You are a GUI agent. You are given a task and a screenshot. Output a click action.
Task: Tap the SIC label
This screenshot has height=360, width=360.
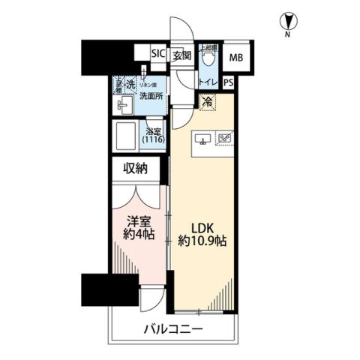[x=157, y=54]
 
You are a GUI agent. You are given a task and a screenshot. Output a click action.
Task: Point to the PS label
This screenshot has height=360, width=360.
[x=227, y=83]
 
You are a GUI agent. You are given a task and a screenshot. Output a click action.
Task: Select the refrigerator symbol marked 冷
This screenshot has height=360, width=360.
[x=205, y=103]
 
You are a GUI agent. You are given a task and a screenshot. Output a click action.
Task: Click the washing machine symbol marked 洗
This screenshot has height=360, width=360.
[x=130, y=84]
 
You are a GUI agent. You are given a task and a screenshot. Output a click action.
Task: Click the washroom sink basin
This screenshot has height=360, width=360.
[x=123, y=106]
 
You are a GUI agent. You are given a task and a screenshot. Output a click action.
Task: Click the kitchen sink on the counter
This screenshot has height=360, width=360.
[x=202, y=139]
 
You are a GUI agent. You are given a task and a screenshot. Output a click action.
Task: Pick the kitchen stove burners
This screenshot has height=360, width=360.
[x=224, y=139]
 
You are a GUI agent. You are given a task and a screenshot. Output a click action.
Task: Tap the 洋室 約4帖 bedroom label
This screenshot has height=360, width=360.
[x=139, y=229]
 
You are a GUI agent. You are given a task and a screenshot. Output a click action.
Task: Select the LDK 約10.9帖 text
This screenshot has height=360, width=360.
[x=202, y=234]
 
